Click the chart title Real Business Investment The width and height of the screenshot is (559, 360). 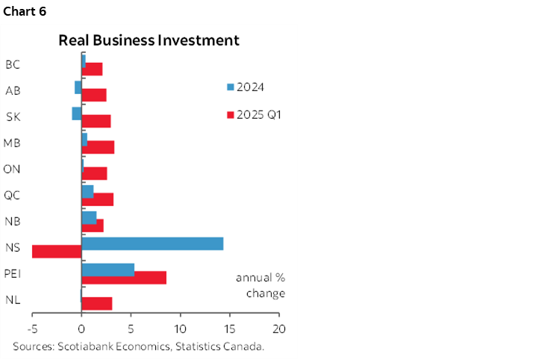coord(149,40)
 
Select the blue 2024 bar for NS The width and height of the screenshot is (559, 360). coord(152,243)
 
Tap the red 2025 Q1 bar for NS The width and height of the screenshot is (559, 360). coord(57,251)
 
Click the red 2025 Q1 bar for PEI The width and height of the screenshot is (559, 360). coord(124,277)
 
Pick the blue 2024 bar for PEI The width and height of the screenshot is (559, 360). coord(107,270)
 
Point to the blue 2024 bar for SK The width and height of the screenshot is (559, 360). coord(77,113)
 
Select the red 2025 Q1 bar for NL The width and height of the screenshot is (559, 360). coord(96,303)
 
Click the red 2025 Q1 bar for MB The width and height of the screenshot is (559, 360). coord(98,146)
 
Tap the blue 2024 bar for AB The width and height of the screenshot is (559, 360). coord(78,87)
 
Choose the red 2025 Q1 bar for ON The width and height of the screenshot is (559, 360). coord(94,173)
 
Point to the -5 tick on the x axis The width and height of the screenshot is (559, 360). coord(32,329)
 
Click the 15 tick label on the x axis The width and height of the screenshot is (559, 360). coord(230,329)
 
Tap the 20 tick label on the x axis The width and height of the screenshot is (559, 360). coord(279,329)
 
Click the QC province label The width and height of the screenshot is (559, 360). coord(12,195)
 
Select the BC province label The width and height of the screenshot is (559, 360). coord(13,64)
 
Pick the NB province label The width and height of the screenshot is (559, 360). coord(12,221)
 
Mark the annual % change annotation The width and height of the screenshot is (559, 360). coord(260,285)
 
